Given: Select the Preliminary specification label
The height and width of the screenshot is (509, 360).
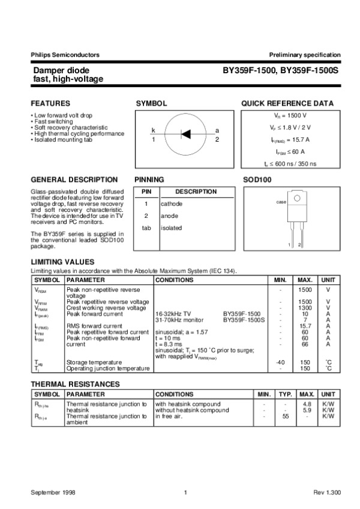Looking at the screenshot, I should [x=305, y=55].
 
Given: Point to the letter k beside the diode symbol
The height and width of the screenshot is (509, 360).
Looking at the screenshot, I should [x=153, y=130].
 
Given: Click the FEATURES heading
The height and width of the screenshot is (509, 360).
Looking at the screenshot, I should [x=50, y=103].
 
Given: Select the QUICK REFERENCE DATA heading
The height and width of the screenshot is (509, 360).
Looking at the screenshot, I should [x=287, y=103].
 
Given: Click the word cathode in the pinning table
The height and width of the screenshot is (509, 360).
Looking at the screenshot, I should [x=171, y=204].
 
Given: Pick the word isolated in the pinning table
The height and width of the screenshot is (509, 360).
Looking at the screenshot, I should [x=171, y=228].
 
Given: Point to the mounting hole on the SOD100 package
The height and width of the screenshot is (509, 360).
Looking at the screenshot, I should [x=295, y=200].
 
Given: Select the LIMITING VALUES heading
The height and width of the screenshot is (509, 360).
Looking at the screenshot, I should [x=62, y=262].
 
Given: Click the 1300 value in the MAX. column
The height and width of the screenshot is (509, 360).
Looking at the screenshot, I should [x=305, y=307].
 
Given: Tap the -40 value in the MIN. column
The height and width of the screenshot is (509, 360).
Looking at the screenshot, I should [x=280, y=362].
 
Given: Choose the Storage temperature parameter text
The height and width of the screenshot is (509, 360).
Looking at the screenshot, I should [x=95, y=362].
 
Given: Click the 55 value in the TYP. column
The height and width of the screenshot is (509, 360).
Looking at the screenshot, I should [x=286, y=415].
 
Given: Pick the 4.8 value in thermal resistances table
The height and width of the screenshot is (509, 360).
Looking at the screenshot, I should [x=307, y=404].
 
